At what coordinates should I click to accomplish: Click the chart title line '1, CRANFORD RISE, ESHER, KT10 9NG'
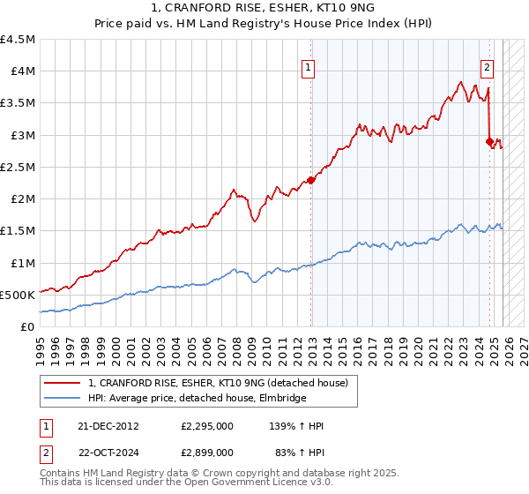point(264,8)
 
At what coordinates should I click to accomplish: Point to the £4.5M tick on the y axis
point(18,40)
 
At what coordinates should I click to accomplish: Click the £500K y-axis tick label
point(18,295)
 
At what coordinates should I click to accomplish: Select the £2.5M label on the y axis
point(18,167)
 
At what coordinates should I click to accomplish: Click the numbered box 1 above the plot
point(309,65)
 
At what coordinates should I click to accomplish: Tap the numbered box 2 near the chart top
point(487,65)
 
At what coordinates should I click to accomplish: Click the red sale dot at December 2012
point(310,180)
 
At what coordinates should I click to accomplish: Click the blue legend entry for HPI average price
point(197,399)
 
